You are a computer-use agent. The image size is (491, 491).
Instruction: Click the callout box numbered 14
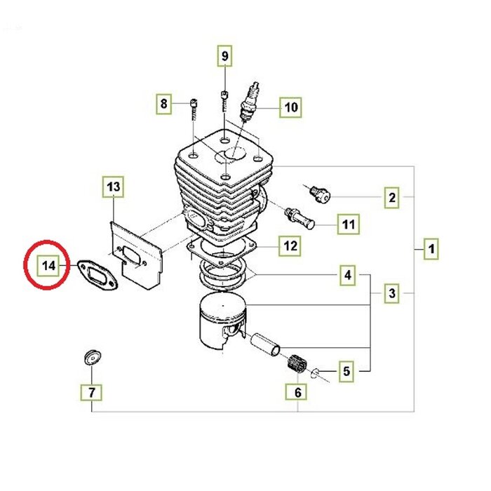click(47, 267)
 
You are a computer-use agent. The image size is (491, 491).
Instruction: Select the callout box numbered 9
click(224, 55)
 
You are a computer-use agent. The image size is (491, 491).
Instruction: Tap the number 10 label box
click(290, 107)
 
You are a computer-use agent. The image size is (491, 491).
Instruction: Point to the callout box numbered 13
click(114, 187)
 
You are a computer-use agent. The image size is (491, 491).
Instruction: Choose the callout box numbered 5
click(347, 370)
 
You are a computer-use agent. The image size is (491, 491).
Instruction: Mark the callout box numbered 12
click(290, 246)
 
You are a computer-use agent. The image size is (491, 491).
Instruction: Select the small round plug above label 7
click(90, 357)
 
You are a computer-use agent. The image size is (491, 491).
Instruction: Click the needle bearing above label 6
click(298, 364)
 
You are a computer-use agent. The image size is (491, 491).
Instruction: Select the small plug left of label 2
click(319, 192)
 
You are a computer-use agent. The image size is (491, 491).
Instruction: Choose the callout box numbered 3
click(392, 293)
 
